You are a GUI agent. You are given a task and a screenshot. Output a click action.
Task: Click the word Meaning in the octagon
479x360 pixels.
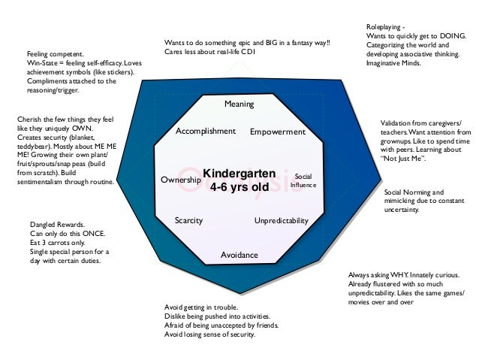coord(239,104)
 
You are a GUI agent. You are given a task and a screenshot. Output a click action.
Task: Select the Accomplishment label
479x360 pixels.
coord(205,131)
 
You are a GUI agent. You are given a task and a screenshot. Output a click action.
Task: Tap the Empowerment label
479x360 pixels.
coord(278,132)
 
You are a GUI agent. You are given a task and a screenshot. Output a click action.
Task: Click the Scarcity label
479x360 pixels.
coord(188,221)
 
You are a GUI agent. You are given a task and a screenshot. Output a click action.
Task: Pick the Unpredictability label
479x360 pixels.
coord(282,221)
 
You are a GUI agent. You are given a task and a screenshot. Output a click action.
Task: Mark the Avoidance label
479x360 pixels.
coord(239,255)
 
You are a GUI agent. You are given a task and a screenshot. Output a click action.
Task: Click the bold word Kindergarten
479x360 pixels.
coord(240,173)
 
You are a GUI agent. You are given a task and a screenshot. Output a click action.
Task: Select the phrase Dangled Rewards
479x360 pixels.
coord(57,225)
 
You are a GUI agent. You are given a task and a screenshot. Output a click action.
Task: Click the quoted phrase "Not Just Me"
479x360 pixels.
coord(404,159)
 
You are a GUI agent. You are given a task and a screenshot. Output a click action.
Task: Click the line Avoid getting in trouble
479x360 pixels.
coord(201,308)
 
